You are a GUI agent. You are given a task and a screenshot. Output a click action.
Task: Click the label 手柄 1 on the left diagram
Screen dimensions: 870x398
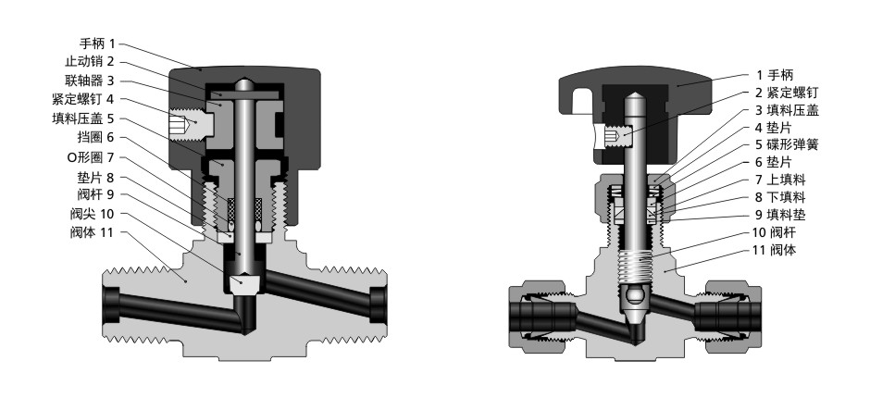coord(97,44)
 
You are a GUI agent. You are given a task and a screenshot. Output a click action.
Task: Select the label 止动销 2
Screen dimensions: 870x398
coord(90,62)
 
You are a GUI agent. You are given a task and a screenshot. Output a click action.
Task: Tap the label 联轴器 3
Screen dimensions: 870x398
coord(90,81)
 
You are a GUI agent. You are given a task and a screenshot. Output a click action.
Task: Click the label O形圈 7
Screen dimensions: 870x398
coord(91,157)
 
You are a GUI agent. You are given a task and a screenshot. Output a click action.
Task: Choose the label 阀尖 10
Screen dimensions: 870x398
coord(92,213)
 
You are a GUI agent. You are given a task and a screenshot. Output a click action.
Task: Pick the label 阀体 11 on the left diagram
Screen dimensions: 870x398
coord(92,232)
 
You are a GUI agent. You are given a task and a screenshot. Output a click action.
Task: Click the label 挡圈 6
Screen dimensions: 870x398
coord(96,137)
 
